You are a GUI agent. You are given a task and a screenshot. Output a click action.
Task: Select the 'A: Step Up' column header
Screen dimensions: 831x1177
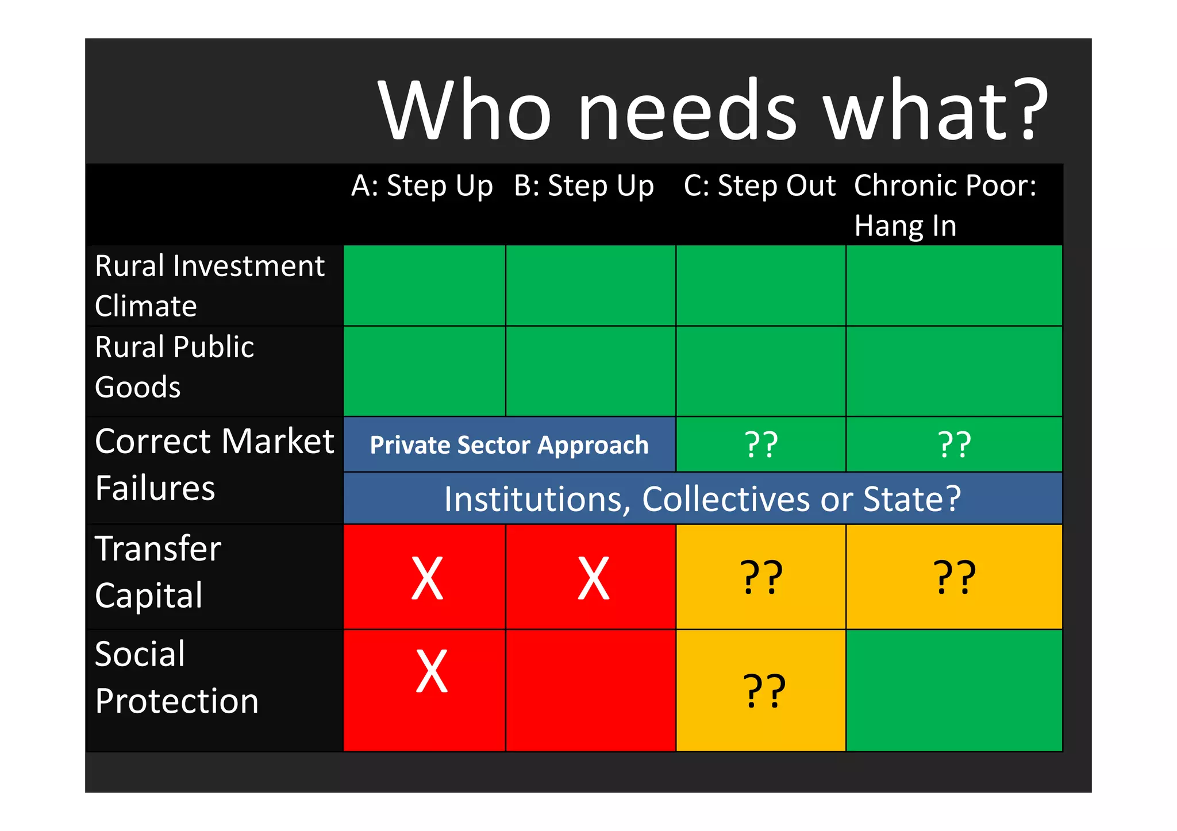tap(422, 186)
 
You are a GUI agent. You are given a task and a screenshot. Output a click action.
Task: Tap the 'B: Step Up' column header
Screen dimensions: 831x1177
tap(584, 186)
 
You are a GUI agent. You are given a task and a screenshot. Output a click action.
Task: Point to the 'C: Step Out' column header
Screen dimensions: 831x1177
tap(759, 186)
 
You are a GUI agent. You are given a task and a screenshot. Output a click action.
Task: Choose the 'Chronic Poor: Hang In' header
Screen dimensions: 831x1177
tap(945, 205)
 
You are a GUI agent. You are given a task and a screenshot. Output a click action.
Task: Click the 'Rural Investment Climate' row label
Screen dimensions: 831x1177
tap(210, 285)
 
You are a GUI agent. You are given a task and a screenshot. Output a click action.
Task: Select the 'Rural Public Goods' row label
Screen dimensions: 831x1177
tap(174, 367)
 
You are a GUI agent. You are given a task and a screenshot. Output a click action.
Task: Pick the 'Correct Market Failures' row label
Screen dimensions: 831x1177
tap(214, 465)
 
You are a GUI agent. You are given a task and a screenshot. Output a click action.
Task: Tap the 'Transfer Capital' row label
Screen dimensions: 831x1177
tap(158, 572)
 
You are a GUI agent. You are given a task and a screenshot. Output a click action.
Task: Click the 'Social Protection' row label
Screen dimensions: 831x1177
tap(176, 678)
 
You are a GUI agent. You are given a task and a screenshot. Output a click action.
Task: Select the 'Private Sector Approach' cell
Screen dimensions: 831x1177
tap(509, 445)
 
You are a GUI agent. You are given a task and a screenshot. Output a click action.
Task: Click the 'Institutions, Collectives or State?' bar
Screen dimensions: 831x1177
tap(702, 498)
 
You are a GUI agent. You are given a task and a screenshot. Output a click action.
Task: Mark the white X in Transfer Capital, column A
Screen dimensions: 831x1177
tap(427, 578)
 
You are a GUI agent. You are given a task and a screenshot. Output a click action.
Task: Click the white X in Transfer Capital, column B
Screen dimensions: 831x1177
tap(593, 578)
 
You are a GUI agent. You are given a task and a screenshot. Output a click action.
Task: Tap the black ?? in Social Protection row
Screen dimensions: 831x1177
tap(764, 690)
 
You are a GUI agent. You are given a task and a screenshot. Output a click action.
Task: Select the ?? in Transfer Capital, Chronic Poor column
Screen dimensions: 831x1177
tap(954, 577)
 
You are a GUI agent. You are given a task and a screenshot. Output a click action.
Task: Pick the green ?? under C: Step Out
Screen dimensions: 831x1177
tap(761, 445)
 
